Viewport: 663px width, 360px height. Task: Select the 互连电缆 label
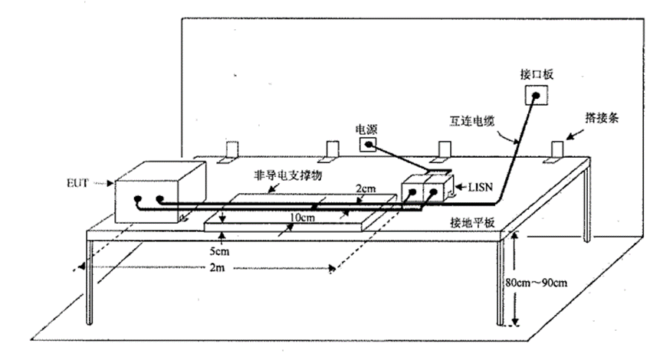(472, 121)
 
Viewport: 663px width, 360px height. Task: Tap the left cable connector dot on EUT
(139, 201)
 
